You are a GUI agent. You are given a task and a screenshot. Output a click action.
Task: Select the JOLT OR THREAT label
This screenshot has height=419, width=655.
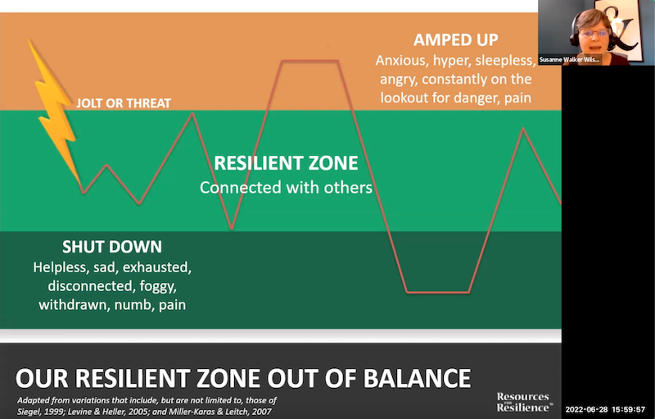(x=123, y=103)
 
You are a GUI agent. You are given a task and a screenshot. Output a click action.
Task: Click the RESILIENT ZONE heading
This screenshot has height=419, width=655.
(x=286, y=162)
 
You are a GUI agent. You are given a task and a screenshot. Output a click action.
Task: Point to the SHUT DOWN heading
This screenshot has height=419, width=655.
(x=112, y=247)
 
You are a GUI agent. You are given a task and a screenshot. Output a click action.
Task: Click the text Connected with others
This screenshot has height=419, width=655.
(x=286, y=187)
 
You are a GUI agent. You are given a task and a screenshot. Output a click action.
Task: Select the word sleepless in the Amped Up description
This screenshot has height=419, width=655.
(x=503, y=61)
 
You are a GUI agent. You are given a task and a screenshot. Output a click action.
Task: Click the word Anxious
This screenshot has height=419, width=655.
(x=402, y=61)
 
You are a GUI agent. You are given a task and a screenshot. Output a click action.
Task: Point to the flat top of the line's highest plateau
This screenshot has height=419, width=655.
(x=309, y=61)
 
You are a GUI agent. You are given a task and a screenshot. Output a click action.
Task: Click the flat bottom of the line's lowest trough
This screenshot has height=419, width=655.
(x=438, y=291)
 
